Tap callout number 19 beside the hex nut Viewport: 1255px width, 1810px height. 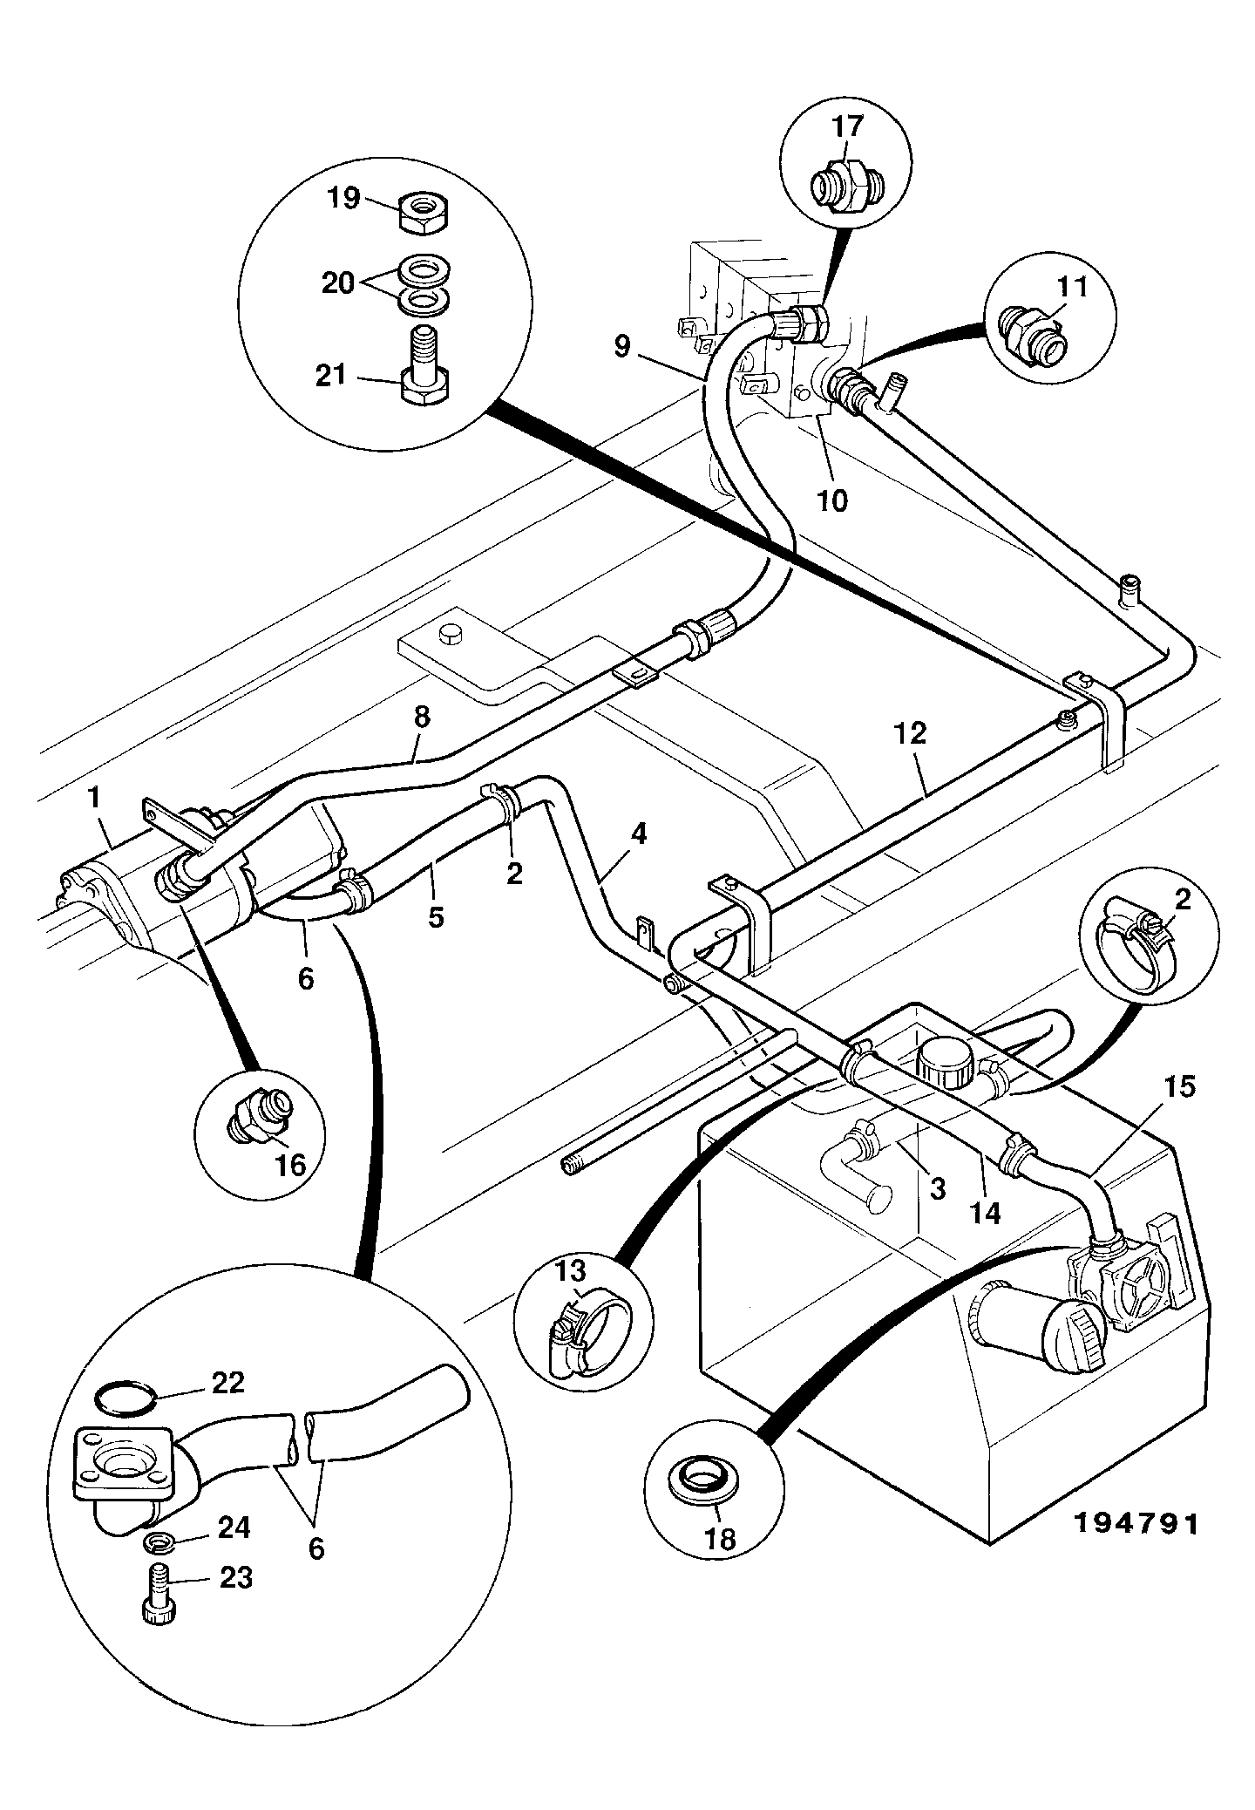343,198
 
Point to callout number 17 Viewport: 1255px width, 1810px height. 847,126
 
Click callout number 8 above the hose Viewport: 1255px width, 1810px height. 421,717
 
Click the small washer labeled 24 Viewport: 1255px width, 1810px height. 157,1543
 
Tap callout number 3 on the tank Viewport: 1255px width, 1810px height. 937,1188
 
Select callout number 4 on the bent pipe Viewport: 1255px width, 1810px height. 639,834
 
